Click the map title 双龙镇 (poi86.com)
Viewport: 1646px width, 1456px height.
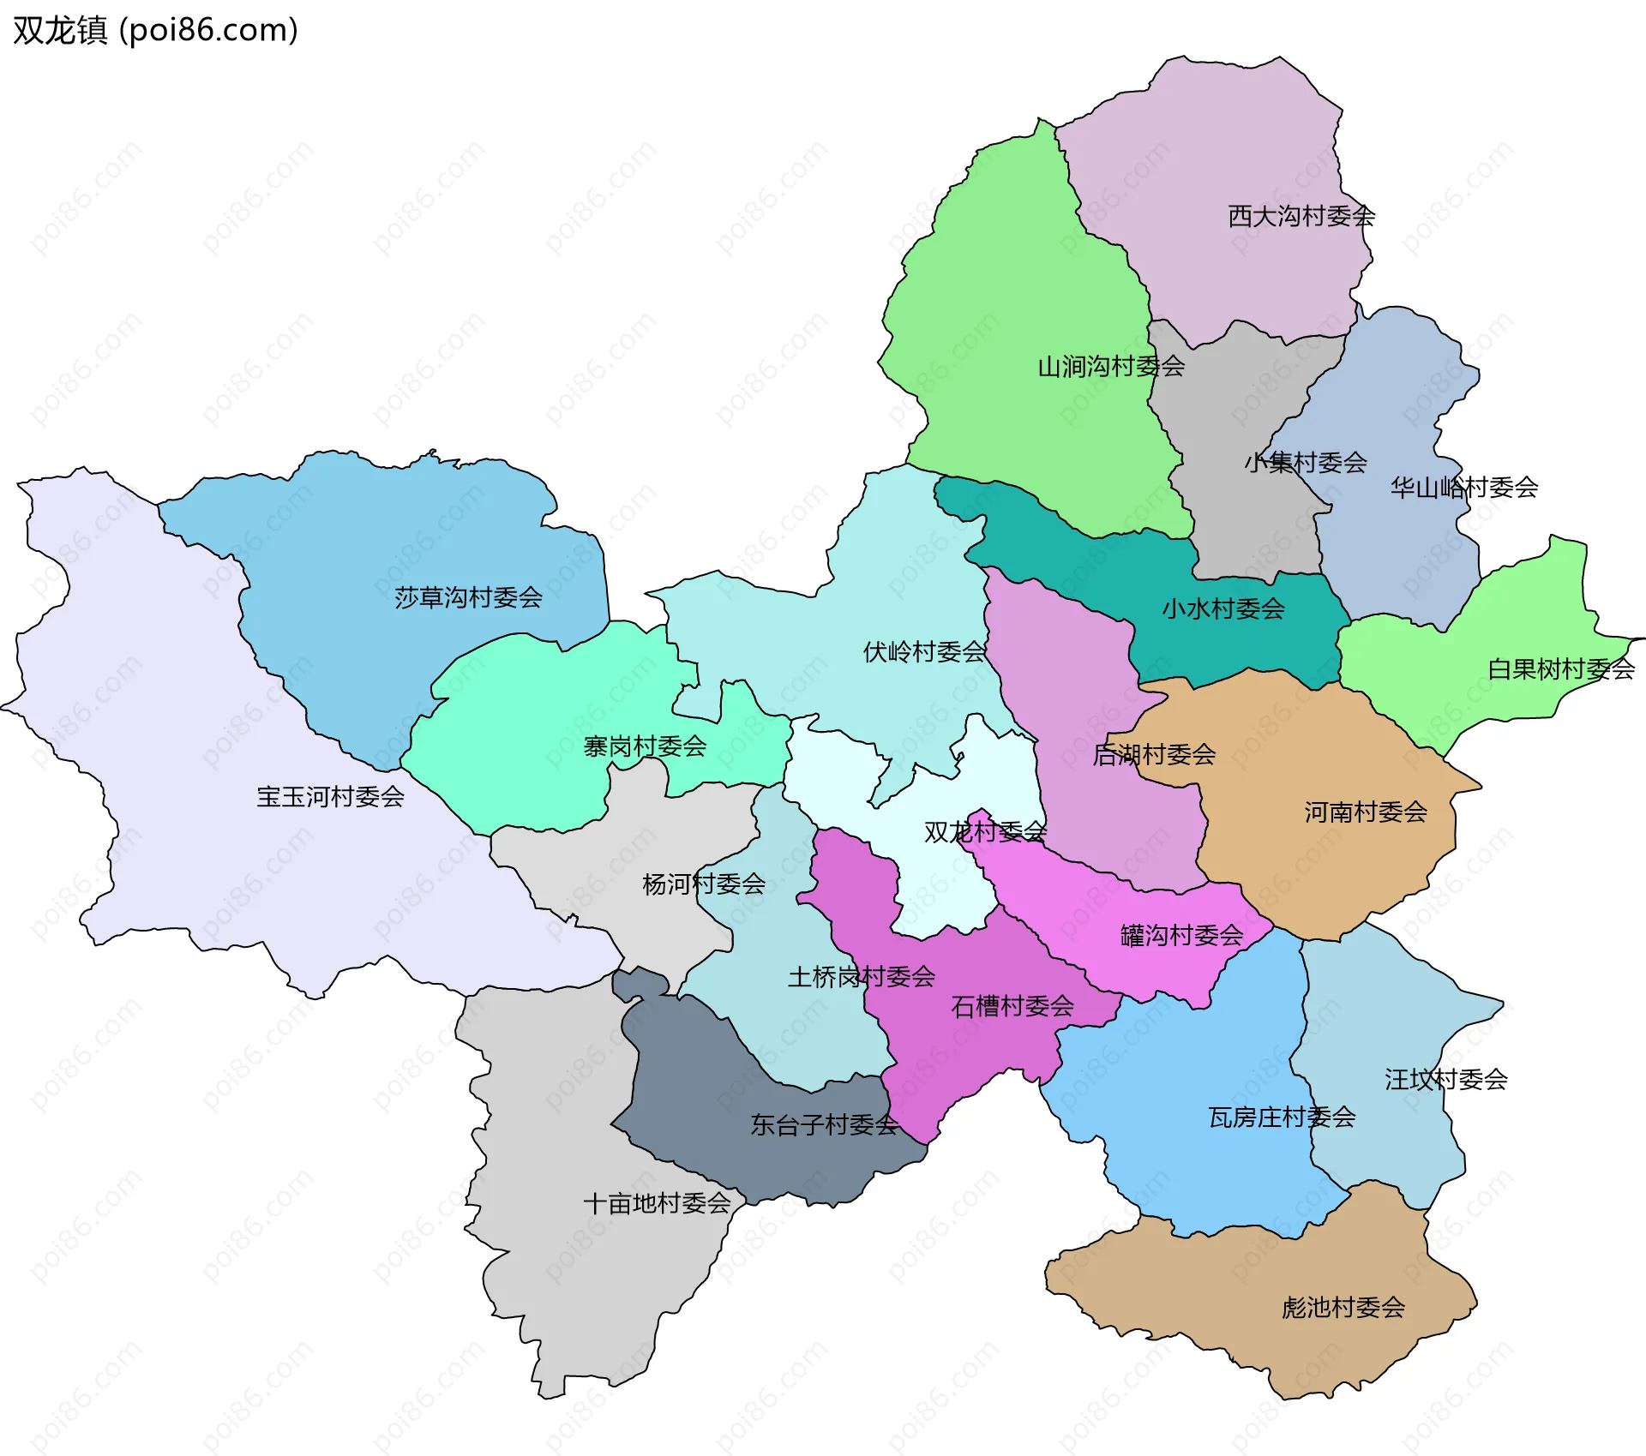(155, 30)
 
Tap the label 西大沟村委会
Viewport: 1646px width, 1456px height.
(1301, 216)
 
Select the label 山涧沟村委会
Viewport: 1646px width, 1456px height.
(1111, 367)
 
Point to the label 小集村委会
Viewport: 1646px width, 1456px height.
(1306, 463)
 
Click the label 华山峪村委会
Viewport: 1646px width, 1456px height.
(1464, 488)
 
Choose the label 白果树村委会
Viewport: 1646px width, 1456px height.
(1561, 668)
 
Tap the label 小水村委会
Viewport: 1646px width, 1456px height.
(1223, 608)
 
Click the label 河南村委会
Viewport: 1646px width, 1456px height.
(1366, 812)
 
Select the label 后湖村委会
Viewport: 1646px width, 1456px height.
(1154, 754)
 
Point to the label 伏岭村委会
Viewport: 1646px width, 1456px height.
(924, 651)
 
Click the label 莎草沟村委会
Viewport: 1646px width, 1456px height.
(468, 597)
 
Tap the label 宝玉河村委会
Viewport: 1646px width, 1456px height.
(330, 796)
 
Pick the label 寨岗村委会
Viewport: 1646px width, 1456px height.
(645, 746)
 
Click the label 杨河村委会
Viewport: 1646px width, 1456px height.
(704, 884)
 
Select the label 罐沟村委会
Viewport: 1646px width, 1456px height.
(1181, 935)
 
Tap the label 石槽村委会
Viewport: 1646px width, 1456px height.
(1012, 1005)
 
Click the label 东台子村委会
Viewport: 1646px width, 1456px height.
(824, 1124)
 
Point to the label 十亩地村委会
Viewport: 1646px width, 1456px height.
(657, 1203)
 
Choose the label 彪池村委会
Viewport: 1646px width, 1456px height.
(1343, 1307)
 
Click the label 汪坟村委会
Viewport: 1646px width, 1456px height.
(1446, 1079)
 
